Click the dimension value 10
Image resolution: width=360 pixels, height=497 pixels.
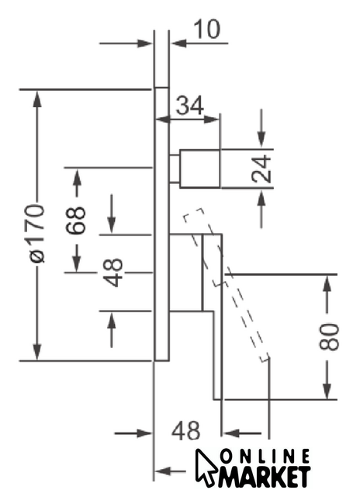point(206,30)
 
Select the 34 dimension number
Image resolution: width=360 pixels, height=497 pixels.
point(189,106)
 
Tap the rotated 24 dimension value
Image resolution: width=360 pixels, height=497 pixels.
point(261,169)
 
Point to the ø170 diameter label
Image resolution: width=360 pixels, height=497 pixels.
point(37,234)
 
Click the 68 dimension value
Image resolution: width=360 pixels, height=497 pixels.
point(76,220)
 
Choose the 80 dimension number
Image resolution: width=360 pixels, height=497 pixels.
point(329,337)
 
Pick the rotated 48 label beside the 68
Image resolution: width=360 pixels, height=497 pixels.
point(113,273)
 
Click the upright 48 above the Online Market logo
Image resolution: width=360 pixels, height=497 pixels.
point(186,430)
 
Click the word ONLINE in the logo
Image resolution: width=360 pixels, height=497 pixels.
point(265,457)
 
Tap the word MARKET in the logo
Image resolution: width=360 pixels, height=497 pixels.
point(265,476)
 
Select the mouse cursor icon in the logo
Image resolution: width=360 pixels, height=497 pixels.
point(206,467)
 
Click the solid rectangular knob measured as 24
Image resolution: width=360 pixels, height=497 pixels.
point(200,169)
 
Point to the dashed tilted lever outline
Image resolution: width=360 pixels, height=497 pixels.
point(227,285)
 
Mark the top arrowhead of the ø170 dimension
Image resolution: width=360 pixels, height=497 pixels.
point(37,99)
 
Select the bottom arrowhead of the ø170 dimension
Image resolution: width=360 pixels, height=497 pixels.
point(37,352)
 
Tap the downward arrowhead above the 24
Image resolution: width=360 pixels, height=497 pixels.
point(261,140)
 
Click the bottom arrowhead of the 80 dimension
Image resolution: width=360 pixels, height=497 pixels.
point(327,391)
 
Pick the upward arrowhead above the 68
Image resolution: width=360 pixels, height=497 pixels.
point(77,178)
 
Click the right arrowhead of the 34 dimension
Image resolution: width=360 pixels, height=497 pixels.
point(212,120)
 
